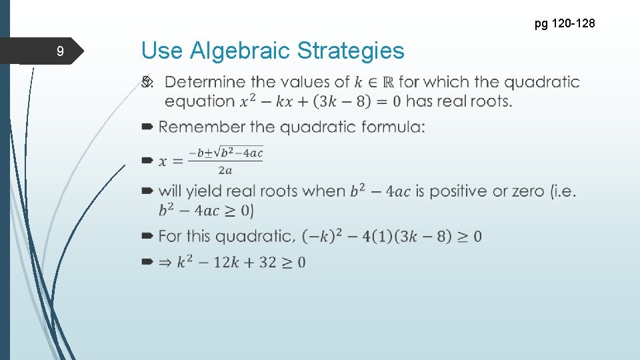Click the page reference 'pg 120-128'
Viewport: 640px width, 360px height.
tap(565, 25)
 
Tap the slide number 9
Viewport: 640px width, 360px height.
tap(60, 51)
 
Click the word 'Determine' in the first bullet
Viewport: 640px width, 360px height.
tap(205, 83)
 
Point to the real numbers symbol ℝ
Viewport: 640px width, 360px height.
tap(387, 83)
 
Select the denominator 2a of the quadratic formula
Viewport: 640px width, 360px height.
tap(226, 170)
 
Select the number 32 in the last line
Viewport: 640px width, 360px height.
tap(267, 262)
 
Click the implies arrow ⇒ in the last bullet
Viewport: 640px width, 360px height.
tap(164, 262)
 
